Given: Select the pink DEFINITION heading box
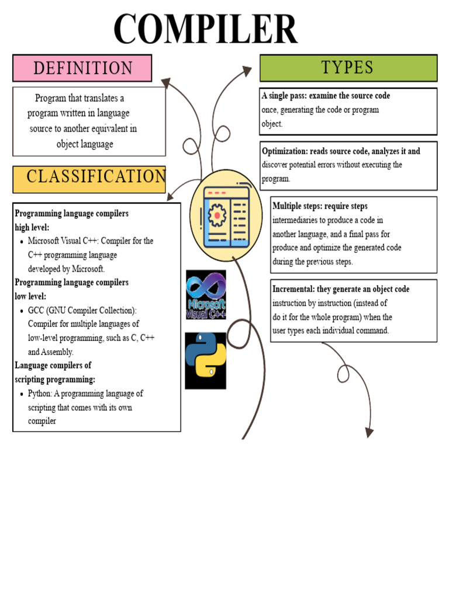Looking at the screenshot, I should (x=82, y=68).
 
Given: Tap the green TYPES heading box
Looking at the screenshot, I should (x=348, y=68).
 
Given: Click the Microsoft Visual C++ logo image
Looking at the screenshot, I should (x=206, y=294).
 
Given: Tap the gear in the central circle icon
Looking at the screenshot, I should (x=217, y=215).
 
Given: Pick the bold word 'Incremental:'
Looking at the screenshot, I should (x=293, y=289).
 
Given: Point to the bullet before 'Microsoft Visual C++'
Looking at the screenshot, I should (x=22, y=241).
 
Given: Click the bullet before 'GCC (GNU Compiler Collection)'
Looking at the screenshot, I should (x=22, y=311).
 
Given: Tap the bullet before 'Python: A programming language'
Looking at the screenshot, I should (x=22, y=394).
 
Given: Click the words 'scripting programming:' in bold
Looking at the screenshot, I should (x=55, y=379).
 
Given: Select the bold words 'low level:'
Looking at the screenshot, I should (x=30, y=296).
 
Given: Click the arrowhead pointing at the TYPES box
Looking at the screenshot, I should (x=247, y=71).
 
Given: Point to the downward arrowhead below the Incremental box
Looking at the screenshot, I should (x=369, y=432).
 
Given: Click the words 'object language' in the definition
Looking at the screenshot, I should (x=85, y=144).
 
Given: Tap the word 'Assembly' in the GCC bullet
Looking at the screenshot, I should (x=58, y=352).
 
